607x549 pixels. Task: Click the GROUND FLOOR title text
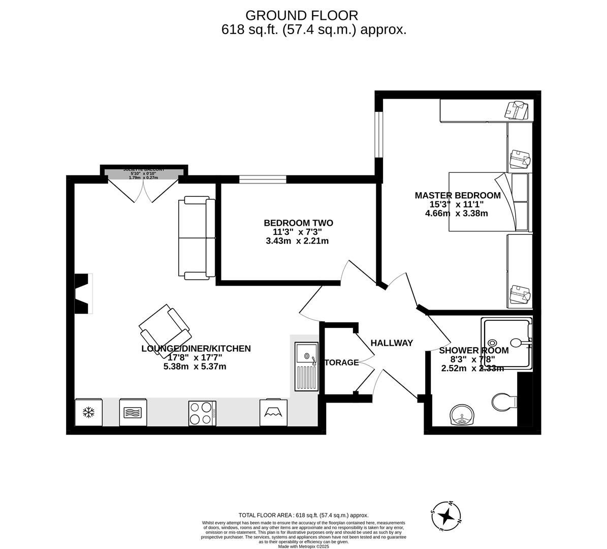(302, 15)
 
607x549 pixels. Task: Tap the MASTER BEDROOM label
(457, 195)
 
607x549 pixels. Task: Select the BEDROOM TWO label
(298, 223)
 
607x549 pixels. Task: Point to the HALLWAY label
(391, 343)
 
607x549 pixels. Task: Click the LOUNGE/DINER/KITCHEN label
(196, 349)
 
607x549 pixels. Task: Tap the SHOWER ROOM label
(473, 351)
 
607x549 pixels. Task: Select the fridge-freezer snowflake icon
(89, 412)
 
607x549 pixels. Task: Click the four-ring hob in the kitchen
(202, 412)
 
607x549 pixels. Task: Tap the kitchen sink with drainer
(307, 366)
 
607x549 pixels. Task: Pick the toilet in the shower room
(503, 402)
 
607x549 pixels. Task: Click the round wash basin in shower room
(462, 415)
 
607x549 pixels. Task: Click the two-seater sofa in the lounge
(196, 238)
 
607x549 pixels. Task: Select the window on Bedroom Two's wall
(262, 178)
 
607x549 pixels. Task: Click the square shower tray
(507, 343)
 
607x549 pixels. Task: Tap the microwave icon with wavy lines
(133, 412)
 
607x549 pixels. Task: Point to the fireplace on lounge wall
(83, 293)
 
